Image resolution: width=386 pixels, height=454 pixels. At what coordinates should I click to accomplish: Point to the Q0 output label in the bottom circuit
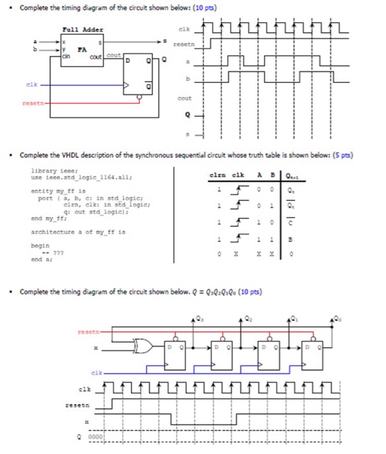tap(336, 318)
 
